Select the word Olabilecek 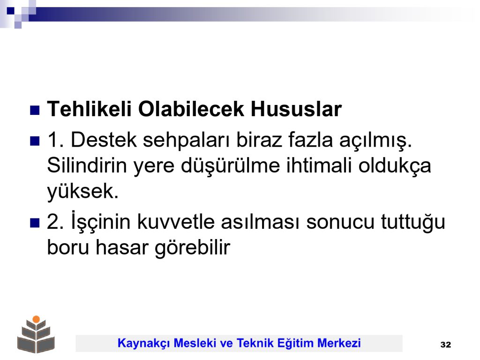point(191,109)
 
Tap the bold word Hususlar point(296,109)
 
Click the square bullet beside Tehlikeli point(35,110)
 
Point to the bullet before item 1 point(35,141)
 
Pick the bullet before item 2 point(35,223)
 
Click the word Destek point(104,140)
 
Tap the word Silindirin point(87,165)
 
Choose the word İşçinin point(101,221)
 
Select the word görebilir point(192,248)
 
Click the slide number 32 point(446,345)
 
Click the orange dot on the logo point(36,319)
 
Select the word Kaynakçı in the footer point(143,343)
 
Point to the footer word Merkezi point(339,343)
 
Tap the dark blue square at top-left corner point(11,11)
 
